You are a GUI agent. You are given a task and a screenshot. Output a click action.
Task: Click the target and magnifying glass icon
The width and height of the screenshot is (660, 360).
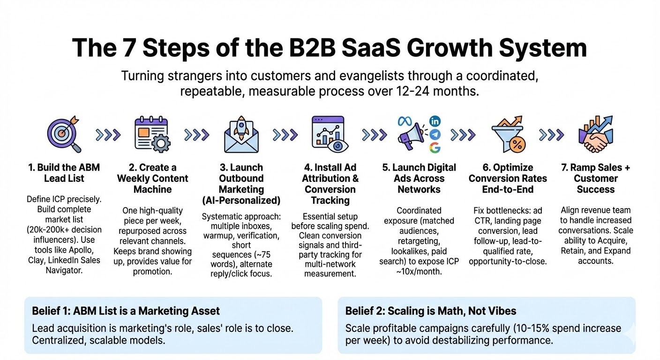(x=64, y=134)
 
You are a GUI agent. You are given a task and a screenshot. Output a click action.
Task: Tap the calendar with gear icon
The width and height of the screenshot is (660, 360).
(x=151, y=134)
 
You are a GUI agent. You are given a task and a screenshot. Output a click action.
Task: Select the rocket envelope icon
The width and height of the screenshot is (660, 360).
(x=241, y=134)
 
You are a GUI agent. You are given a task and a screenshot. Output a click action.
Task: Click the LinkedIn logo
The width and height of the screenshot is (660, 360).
(x=435, y=121)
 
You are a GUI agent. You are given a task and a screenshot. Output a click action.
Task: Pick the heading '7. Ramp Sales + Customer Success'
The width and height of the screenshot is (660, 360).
(x=595, y=179)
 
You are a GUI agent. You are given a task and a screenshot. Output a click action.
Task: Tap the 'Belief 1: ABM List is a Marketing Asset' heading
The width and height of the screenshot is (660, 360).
(x=126, y=311)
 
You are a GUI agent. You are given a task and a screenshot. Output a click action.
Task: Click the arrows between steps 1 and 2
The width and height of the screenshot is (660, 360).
(x=108, y=135)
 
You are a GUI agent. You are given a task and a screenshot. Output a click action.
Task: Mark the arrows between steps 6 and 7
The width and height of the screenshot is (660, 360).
(x=551, y=135)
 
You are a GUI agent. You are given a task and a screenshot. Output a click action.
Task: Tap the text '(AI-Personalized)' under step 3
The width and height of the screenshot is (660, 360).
(x=241, y=200)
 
